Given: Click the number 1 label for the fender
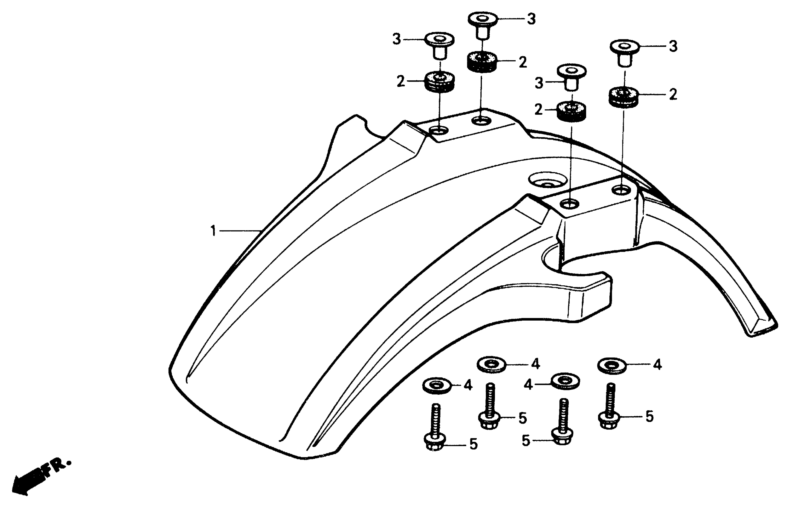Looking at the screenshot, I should point(213,231).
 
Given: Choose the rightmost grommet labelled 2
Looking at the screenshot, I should point(623,96).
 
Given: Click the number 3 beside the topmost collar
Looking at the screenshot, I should point(531,19).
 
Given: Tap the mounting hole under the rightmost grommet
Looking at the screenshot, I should point(621,190).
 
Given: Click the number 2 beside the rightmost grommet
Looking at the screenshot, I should point(673,95).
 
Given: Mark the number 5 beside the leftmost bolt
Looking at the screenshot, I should point(473,444).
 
